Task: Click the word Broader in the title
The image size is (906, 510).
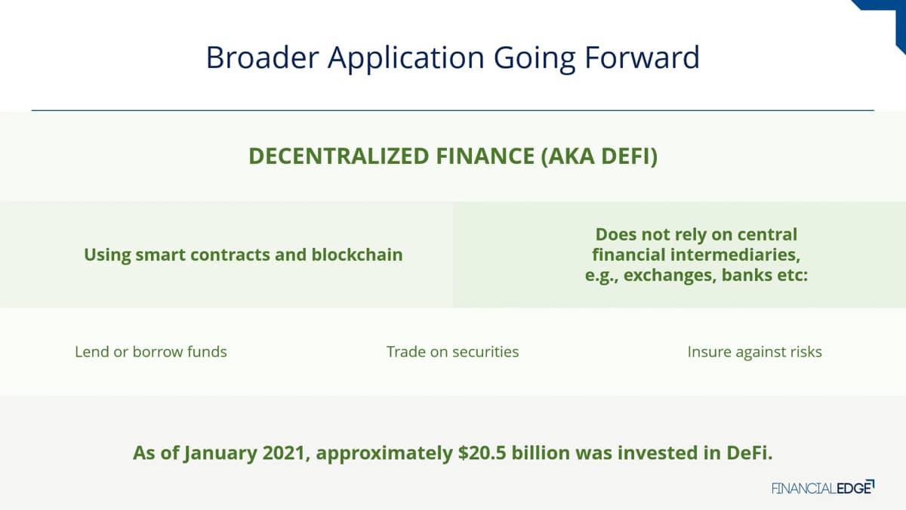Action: point(263,57)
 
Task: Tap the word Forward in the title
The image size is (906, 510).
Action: point(643,57)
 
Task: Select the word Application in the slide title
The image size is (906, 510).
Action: point(406,60)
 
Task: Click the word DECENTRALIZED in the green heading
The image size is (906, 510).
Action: point(338,156)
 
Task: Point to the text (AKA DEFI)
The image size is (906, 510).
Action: point(599,156)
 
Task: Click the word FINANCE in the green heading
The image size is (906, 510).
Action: point(485,156)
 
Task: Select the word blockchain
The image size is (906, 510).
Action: point(356,255)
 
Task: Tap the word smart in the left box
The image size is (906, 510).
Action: point(161,255)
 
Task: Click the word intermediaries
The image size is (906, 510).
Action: point(735,255)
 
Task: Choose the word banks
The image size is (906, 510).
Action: point(747,275)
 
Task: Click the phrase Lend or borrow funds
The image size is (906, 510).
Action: point(151,352)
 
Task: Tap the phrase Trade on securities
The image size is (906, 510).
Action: point(452,352)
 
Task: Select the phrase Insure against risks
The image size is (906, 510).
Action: point(755,352)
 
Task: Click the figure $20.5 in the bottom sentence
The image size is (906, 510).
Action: point(482,453)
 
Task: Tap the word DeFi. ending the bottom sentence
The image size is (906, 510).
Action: point(750,453)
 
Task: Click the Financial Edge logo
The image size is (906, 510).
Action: point(823,488)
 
